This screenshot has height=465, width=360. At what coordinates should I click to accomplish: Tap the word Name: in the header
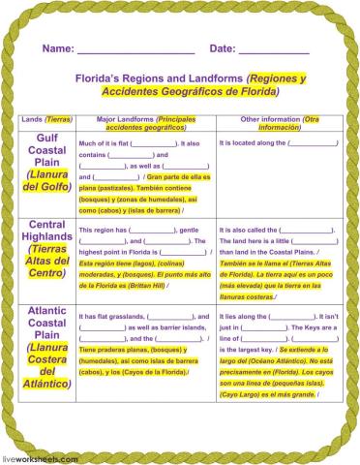tap(57, 48)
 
